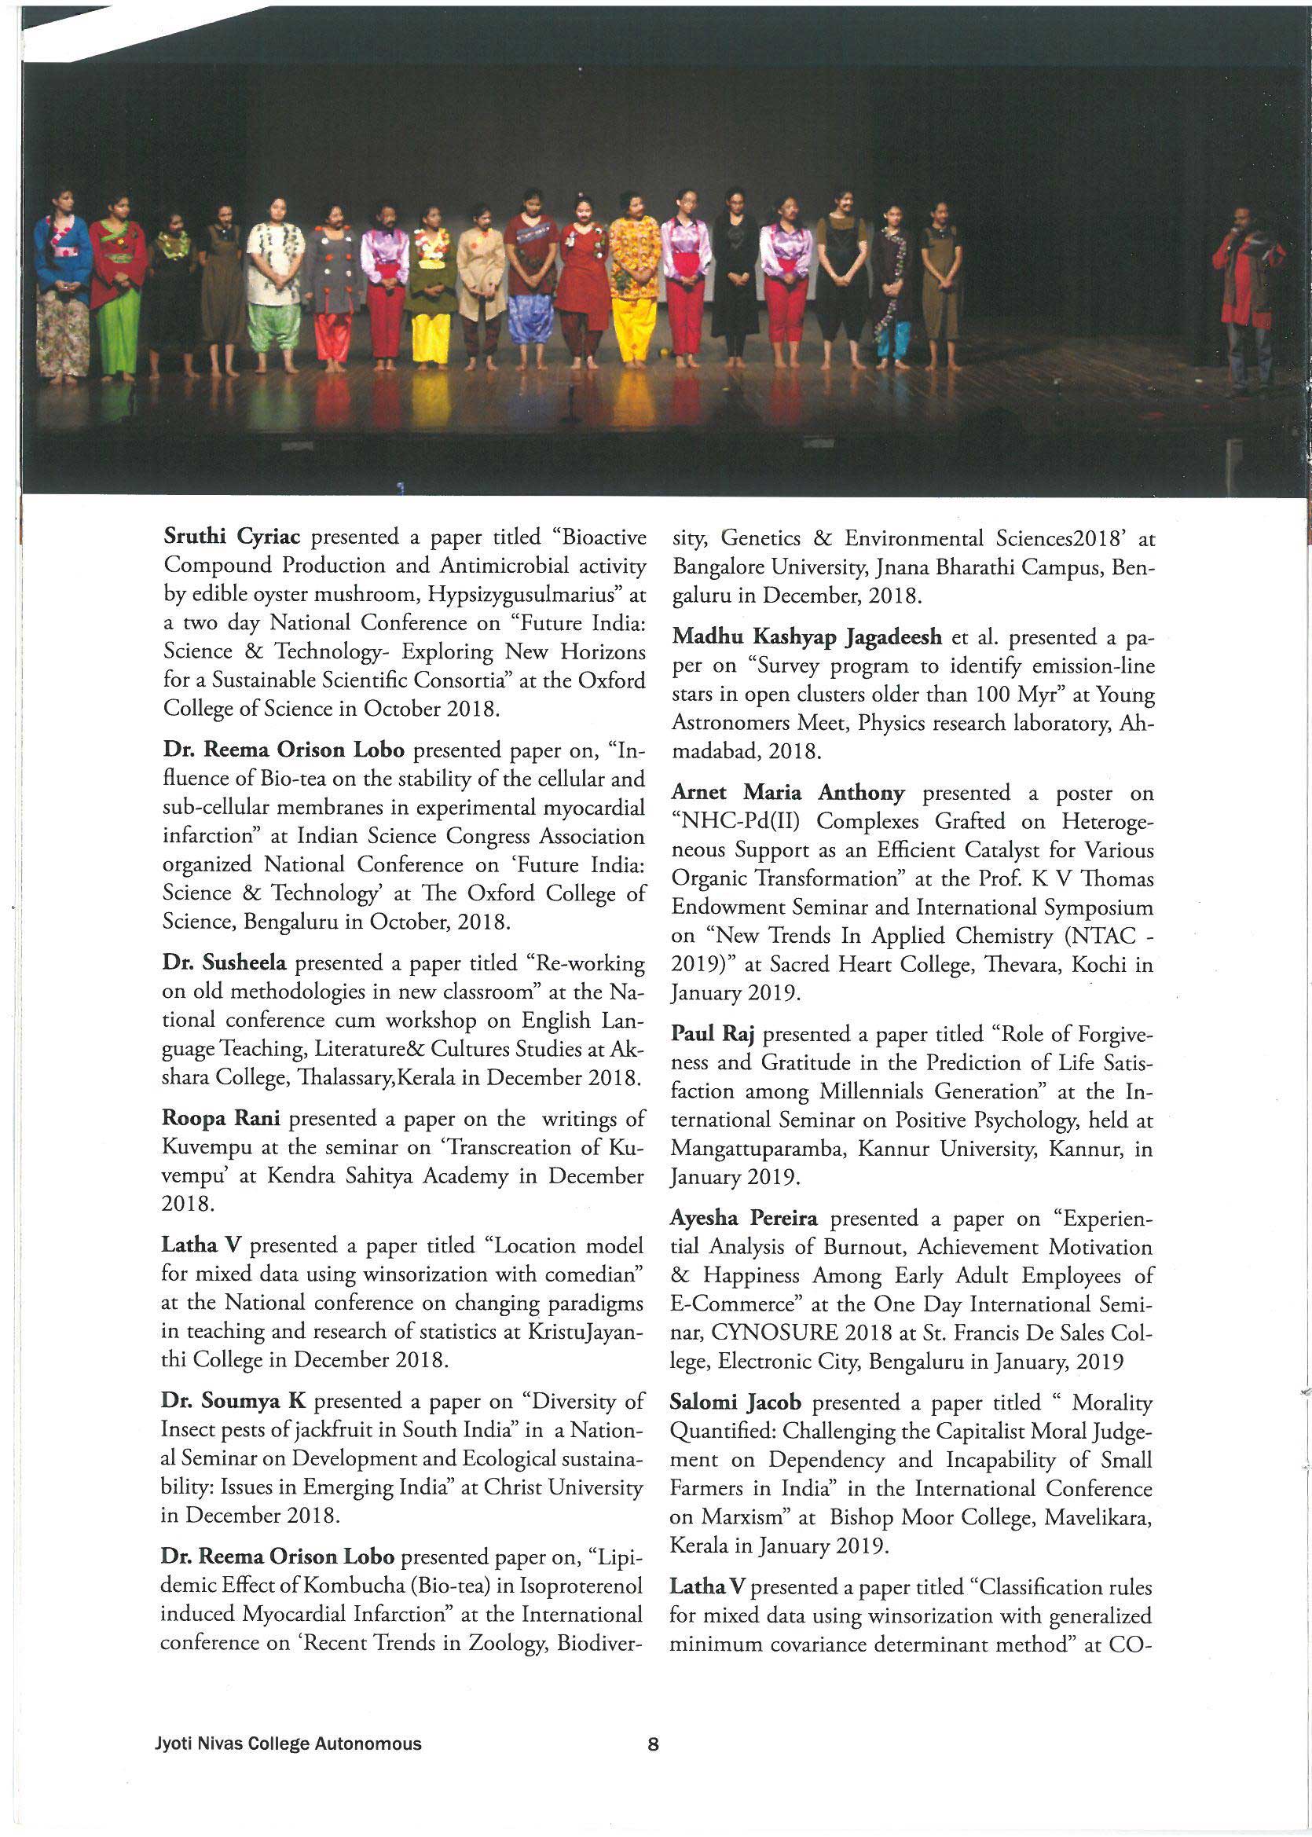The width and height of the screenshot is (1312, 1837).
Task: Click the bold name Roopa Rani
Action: (222, 1119)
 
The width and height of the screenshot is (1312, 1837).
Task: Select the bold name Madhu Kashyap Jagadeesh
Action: (806, 637)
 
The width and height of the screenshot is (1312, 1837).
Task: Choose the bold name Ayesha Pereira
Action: (743, 1218)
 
